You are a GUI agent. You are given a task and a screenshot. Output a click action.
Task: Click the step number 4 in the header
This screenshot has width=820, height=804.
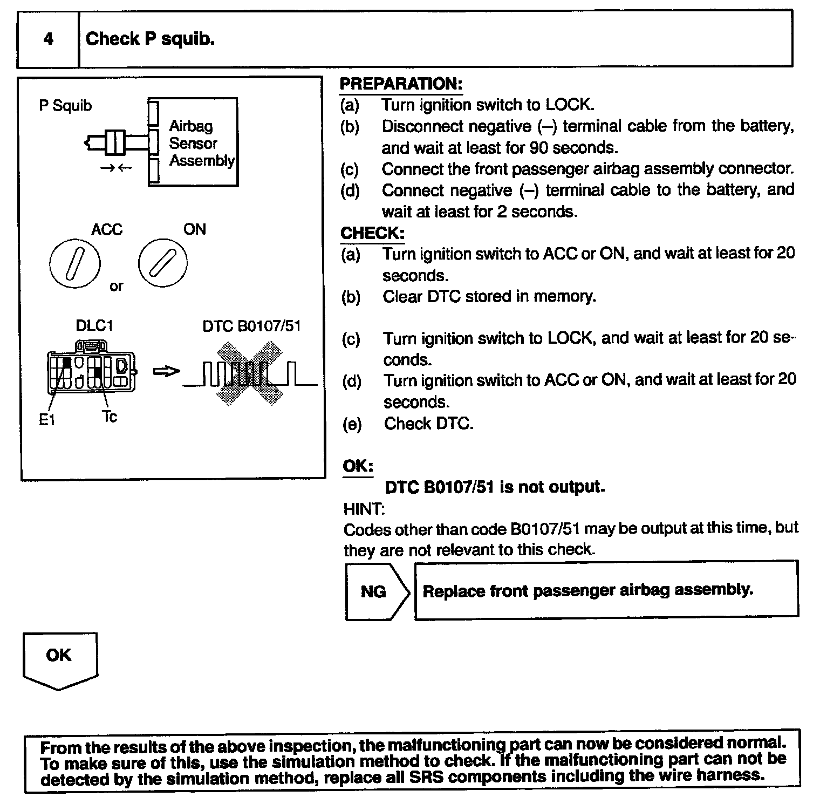click(x=49, y=39)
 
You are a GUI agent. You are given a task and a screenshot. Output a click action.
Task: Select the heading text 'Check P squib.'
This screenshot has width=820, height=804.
click(x=150, y=39)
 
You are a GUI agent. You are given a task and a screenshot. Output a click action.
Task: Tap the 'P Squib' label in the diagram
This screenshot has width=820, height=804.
click(x=65, y=105)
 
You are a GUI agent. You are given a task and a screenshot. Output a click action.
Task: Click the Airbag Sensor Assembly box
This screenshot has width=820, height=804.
click(x=193, y=142)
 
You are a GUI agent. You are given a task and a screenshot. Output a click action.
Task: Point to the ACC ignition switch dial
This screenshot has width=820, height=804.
click(x=74, y=263)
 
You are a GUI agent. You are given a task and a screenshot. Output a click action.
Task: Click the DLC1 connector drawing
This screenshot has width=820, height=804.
click(x=92, y=370)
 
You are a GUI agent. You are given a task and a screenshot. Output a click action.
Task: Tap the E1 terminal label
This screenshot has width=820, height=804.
click(x=47, y=420)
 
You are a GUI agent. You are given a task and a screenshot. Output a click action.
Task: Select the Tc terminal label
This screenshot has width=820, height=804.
click(x=110, y=417)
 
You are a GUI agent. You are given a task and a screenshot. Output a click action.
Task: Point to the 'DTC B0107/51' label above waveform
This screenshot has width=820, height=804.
click(x=251, y=326)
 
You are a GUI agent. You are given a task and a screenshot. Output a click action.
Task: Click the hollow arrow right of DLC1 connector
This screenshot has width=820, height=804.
click(x=166, y=371)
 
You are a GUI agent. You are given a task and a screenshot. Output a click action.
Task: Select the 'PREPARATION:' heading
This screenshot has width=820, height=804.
click(x=401, y=84)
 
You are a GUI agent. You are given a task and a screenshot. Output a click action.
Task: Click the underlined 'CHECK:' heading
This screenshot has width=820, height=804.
click(x=372, y=233)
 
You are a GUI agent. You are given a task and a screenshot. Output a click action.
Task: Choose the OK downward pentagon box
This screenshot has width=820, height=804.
click(x=59, y=659)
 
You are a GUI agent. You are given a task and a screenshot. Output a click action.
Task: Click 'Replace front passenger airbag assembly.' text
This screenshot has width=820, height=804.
click(x=587, y=590)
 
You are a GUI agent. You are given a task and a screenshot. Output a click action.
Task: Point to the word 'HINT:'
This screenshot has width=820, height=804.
click(x=364, y=508)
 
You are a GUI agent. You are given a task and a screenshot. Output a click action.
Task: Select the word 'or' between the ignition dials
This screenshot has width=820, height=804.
click(x=116, y=286)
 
